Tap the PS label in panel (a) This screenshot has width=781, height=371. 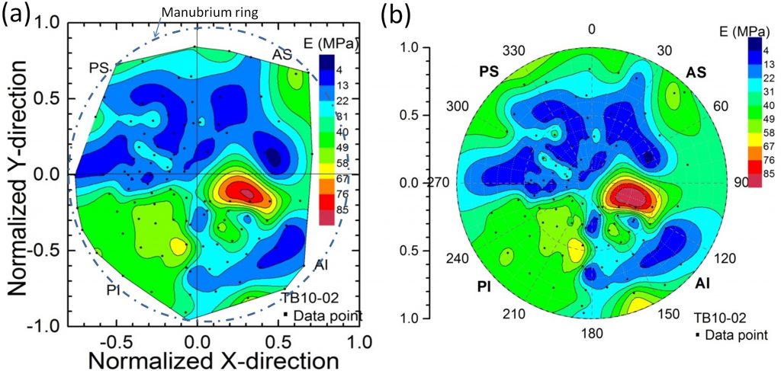point(98,68)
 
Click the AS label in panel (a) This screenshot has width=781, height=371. point(282,56)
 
